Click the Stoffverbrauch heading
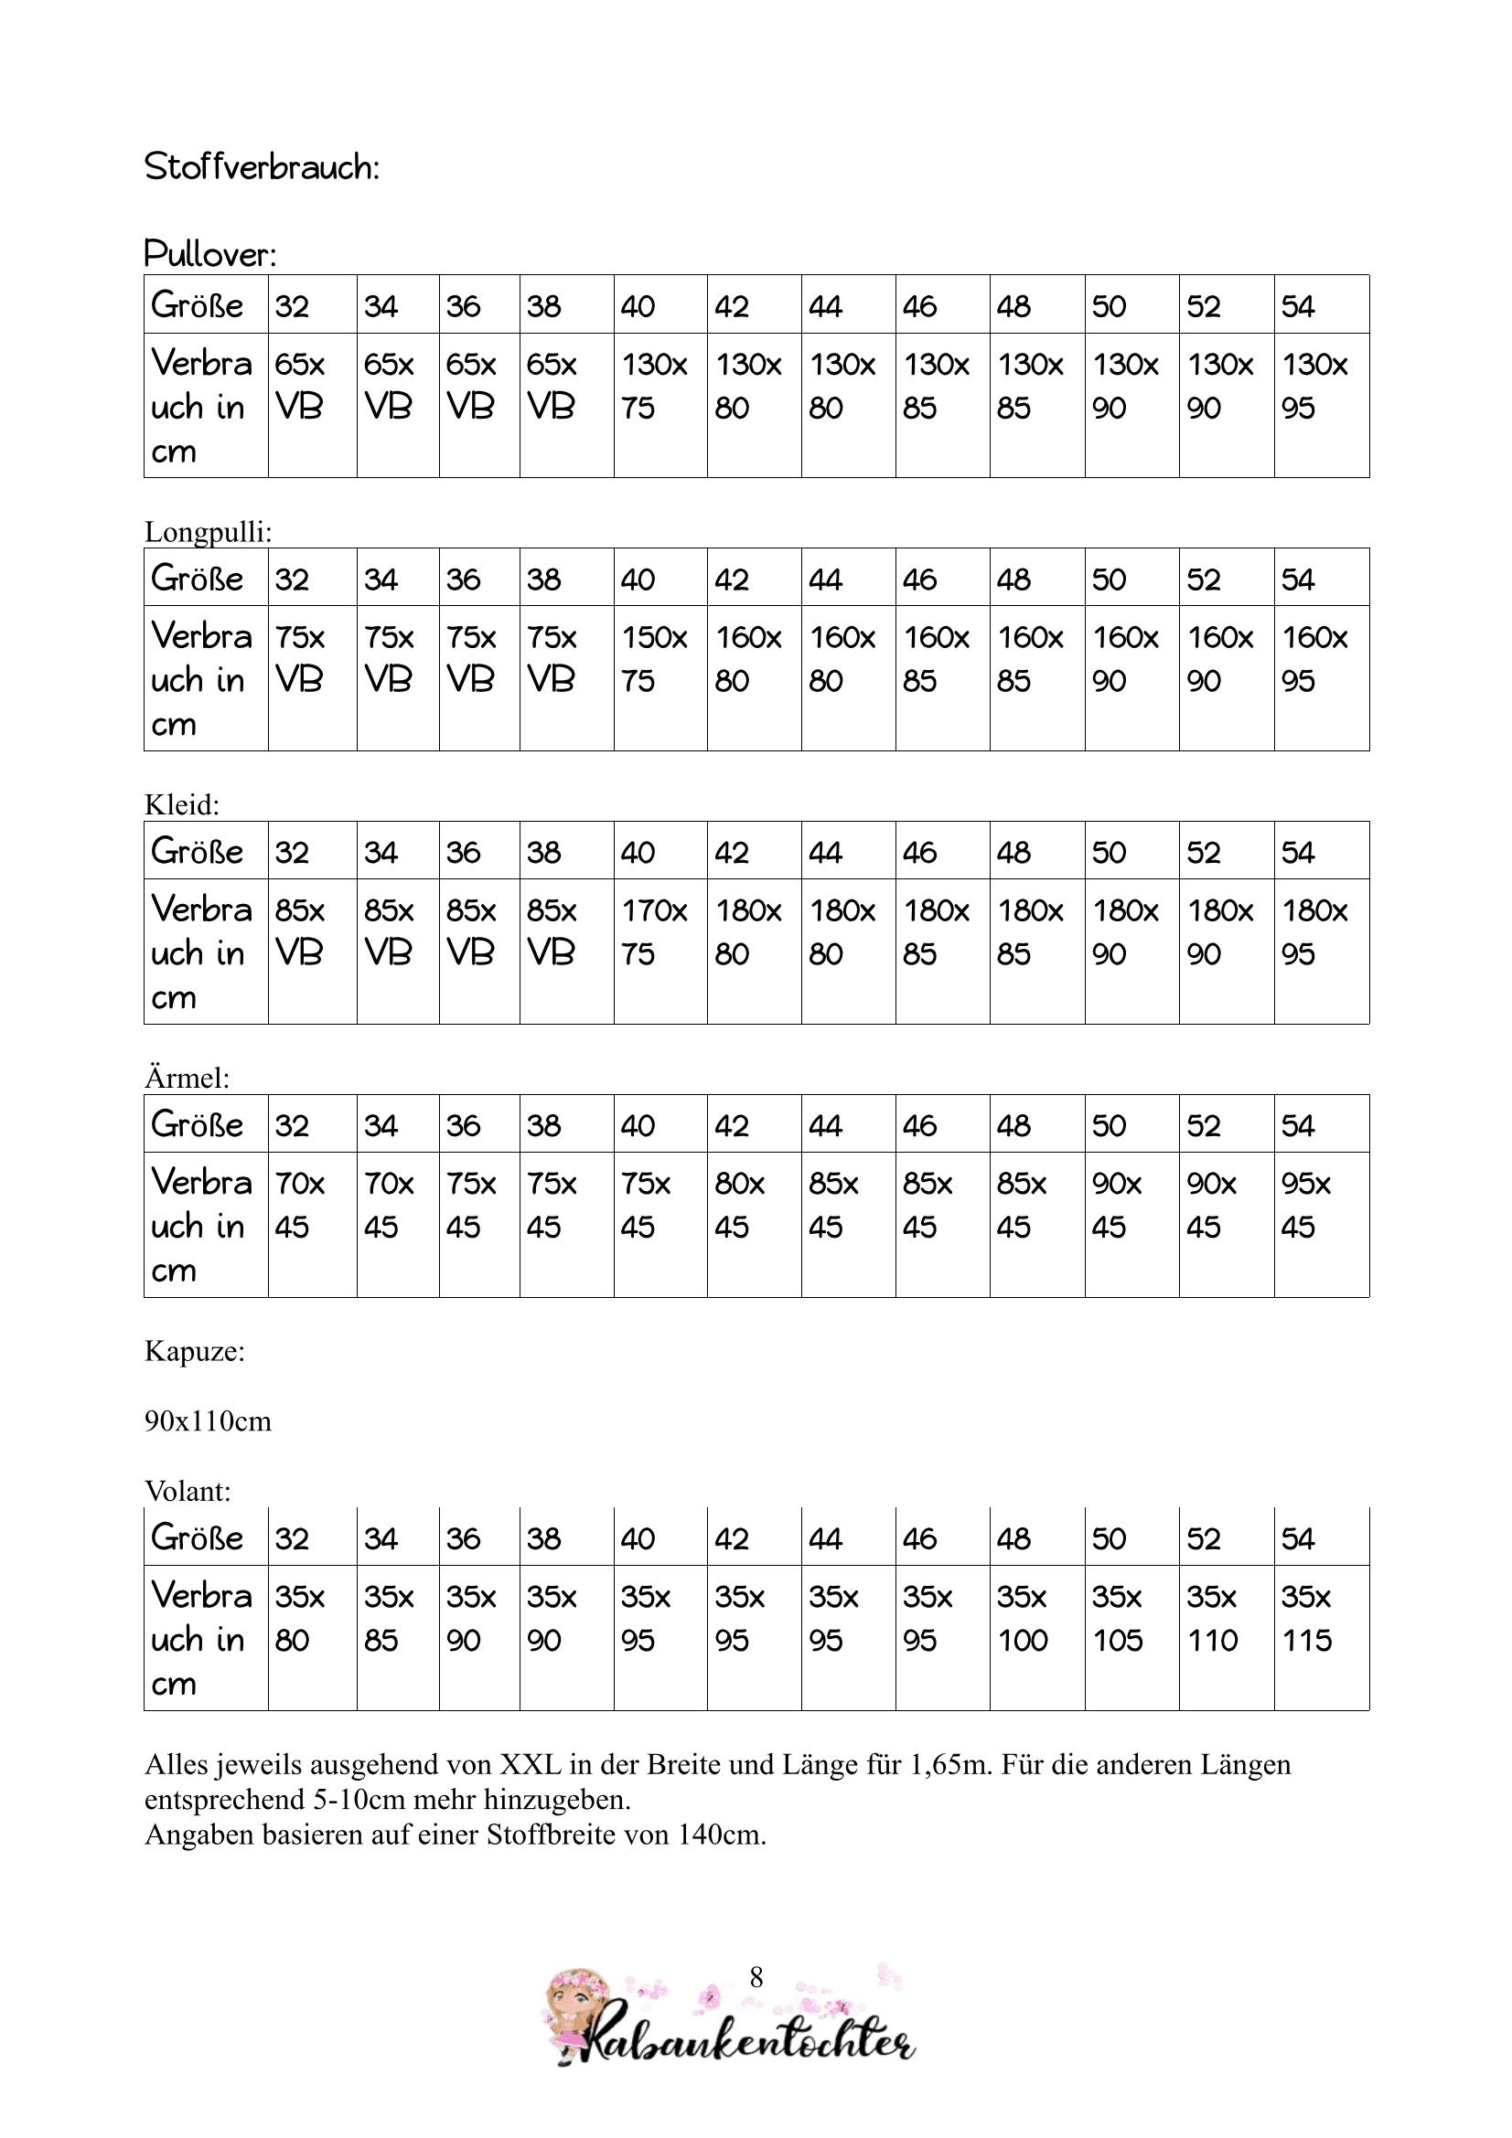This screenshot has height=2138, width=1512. [262, 167]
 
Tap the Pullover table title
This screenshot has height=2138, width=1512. [210, 254]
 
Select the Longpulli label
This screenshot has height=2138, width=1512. [208, 532]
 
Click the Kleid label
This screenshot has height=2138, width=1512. [182, 804]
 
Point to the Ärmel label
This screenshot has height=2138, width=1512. [187, 1078]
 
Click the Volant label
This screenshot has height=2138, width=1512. [188, 1491]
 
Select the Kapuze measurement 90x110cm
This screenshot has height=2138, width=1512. [208, 1421]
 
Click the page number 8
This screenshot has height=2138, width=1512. [756, 1977]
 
